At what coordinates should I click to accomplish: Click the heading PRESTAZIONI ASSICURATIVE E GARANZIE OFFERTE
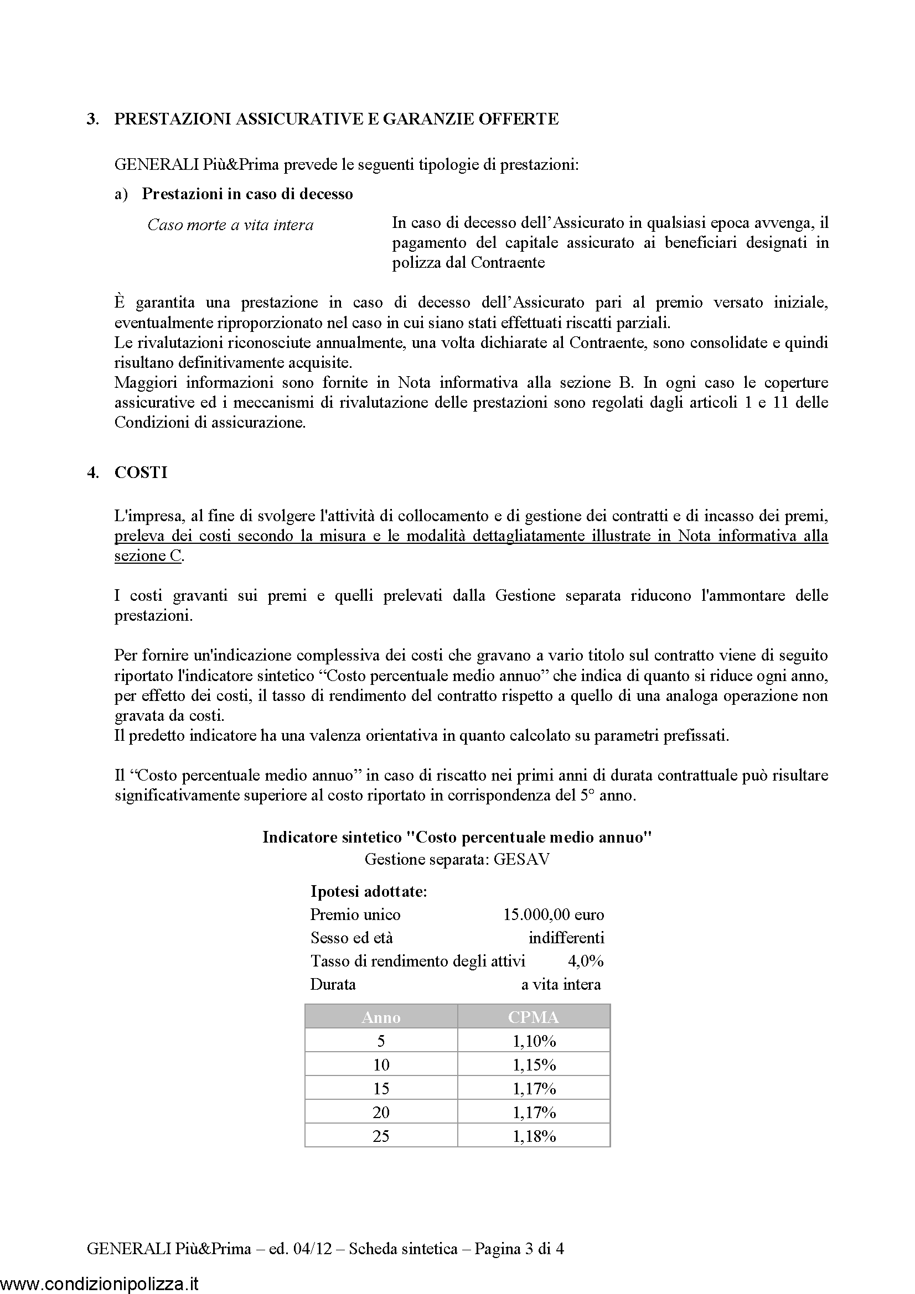336,119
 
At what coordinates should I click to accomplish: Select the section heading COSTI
141,472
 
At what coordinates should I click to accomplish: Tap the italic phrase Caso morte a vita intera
230,225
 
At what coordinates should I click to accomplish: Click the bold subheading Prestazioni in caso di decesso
247,194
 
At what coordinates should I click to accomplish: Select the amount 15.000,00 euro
553,914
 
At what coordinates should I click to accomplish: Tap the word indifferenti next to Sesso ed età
566,938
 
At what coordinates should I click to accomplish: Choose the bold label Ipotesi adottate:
369,892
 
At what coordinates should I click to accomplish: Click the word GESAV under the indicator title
521,860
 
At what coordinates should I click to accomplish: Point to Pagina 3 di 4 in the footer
519,1249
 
